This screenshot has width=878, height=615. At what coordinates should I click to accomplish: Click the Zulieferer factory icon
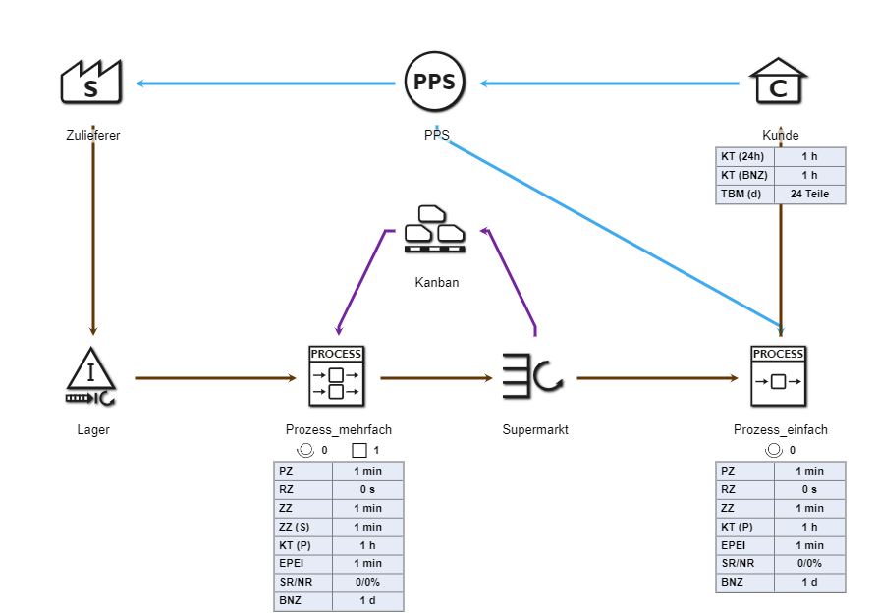(90, 83)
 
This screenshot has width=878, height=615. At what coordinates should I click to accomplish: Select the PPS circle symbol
(434, 83)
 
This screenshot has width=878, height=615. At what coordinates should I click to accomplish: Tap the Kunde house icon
(778, 83)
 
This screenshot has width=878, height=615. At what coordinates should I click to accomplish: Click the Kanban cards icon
(435, 230)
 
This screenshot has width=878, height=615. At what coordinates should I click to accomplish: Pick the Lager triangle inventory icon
(91, 376)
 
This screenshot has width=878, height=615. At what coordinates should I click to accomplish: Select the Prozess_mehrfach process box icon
(337, 376)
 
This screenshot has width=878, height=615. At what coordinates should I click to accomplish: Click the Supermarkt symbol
(533, 376)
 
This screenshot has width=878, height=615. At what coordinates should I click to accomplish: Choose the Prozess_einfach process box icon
(778, 376)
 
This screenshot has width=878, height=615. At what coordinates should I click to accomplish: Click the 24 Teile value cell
(809, 195)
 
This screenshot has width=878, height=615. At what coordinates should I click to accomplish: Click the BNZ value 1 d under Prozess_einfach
(809, 583)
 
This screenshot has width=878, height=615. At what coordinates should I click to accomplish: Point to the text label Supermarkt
(535, 429)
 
